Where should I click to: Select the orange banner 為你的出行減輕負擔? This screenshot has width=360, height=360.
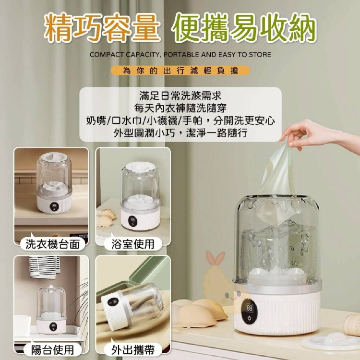[x=180, y=71]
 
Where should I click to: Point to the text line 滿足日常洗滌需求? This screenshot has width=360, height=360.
[x=180, y=96]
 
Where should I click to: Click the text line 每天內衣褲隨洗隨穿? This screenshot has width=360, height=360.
[x=180, y=108]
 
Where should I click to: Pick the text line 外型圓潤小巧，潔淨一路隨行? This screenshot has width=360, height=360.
[x=180, y=132]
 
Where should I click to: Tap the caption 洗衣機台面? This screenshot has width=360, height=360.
[x=53, y=244]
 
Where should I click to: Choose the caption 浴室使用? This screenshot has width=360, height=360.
[x=133, y=244]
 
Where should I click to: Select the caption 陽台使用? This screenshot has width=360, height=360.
[x=53, y=349]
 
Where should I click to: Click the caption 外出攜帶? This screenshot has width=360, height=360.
[x=133, y=349]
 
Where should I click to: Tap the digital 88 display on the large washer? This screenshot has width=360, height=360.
[x=250, y=308]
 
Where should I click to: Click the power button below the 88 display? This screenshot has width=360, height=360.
[x=250, y=318]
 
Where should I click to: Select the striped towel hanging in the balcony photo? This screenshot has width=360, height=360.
[x=44, y=267]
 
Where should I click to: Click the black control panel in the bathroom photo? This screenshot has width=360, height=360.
[x=132, y=221]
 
